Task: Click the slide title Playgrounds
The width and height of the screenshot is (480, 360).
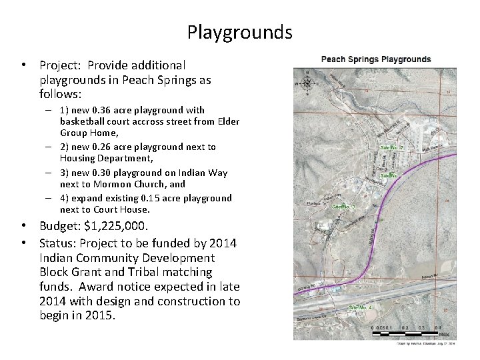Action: tap(239, 32)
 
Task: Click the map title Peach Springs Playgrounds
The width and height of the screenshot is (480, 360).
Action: tap(376, 59)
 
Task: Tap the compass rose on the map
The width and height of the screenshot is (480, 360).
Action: tap(307, 83)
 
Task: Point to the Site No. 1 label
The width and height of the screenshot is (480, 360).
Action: tap(392, 175)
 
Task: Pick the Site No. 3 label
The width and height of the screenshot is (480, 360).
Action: tap(344, 207)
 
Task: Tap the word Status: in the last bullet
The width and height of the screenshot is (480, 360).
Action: tap(59, 243)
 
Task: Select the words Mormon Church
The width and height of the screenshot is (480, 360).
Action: tap(121, 183)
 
